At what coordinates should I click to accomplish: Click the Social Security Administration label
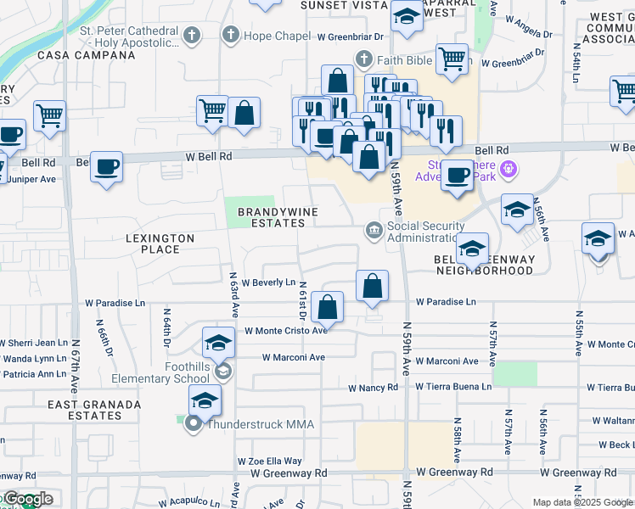pos(425,232)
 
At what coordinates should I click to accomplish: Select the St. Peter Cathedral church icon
pos(193,35)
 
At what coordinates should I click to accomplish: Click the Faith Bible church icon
pos(364,59)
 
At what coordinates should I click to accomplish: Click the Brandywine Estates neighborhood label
pos(271,217)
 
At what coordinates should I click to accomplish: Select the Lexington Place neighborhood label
pos(160,244)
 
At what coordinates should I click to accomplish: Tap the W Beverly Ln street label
pos(268,282)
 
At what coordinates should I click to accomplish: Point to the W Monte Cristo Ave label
pos(285,331)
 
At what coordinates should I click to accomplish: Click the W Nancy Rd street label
pos(373,388)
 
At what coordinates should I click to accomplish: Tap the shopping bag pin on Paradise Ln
pos(327,307)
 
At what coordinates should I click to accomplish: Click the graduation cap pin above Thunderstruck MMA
pos(205,400)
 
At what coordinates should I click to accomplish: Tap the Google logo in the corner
pos(27,500)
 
